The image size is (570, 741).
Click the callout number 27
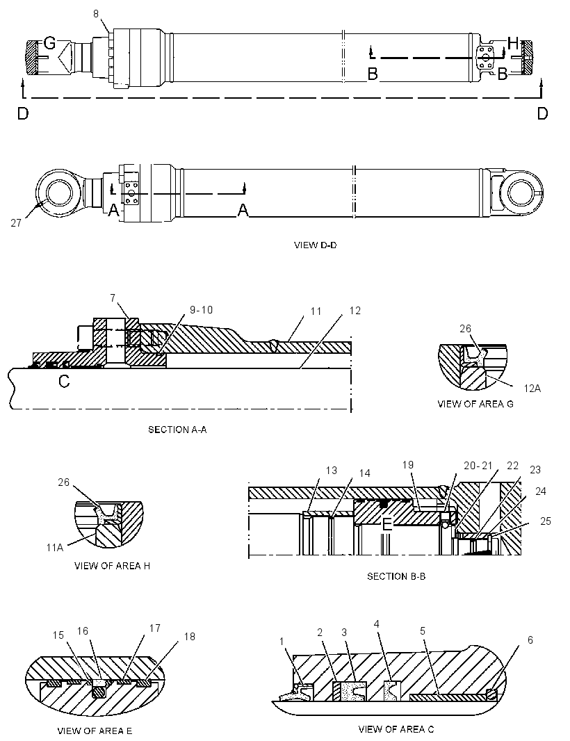point(16,222)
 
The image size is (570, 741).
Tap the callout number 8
point(96,14)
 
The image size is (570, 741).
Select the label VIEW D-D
point(316,245)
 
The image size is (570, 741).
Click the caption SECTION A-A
point(177,430)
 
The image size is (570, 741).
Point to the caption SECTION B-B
point(396,576)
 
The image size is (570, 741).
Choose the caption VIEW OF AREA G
point(475,404)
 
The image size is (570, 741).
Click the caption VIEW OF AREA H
point(112,566)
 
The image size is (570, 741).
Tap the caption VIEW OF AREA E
point(95,731)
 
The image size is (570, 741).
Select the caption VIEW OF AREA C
point(396,729)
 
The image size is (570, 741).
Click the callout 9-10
point(202,310)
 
